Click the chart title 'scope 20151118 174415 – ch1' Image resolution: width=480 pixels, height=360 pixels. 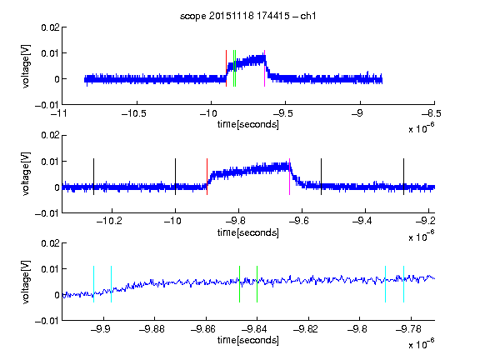tap(248, 16)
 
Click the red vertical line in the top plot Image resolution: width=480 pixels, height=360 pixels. tap(226, 68)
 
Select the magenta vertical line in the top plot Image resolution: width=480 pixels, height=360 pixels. tap(264, 68)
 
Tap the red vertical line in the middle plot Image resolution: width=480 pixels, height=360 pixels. tap(207, 177)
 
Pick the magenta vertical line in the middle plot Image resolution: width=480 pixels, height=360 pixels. tap(290, 177)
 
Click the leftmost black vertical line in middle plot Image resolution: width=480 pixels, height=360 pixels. tap(93, 177)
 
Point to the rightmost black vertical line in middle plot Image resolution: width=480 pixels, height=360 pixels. tap(403, 177)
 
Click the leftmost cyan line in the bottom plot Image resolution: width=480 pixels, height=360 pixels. tap(93, 284)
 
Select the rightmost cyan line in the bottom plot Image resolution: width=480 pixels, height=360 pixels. tap(403, 284)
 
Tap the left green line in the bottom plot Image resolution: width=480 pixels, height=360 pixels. tap(239, 284)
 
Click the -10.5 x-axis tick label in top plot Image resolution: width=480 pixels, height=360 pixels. tap(134, 114)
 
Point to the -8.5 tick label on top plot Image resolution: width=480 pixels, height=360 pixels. tap(431, 114)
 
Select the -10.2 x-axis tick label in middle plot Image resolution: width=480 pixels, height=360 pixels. tap(109, 221)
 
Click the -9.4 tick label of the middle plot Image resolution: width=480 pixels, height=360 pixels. tap(362, 221)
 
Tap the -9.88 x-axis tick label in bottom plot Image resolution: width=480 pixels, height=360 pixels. tap(152, 329)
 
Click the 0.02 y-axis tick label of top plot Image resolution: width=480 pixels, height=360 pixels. tap(51, 27)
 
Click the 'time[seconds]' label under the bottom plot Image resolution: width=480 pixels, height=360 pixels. tap(248, 340)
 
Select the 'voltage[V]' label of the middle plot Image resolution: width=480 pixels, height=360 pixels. tap(26, 173)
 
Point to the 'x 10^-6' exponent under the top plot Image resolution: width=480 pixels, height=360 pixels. tap(422, 127)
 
